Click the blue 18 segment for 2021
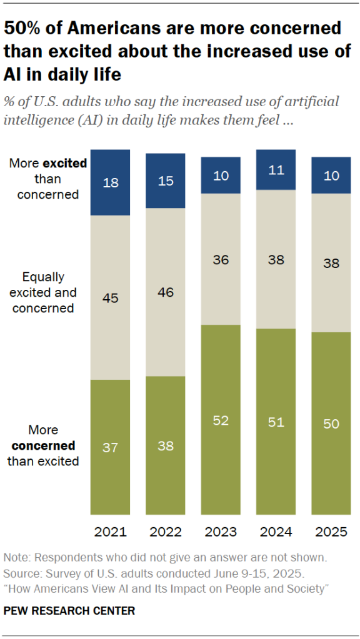111,182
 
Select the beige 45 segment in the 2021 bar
111,297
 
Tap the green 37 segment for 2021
111,447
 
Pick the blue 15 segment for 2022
166,181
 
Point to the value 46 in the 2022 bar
166,292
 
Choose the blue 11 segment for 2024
276,170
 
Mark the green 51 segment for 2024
276,422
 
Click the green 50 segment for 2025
331,424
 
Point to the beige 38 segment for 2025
331,263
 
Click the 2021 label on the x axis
111,532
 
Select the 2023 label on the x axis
221,532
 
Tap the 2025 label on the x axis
331,532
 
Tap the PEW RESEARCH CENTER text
69,610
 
